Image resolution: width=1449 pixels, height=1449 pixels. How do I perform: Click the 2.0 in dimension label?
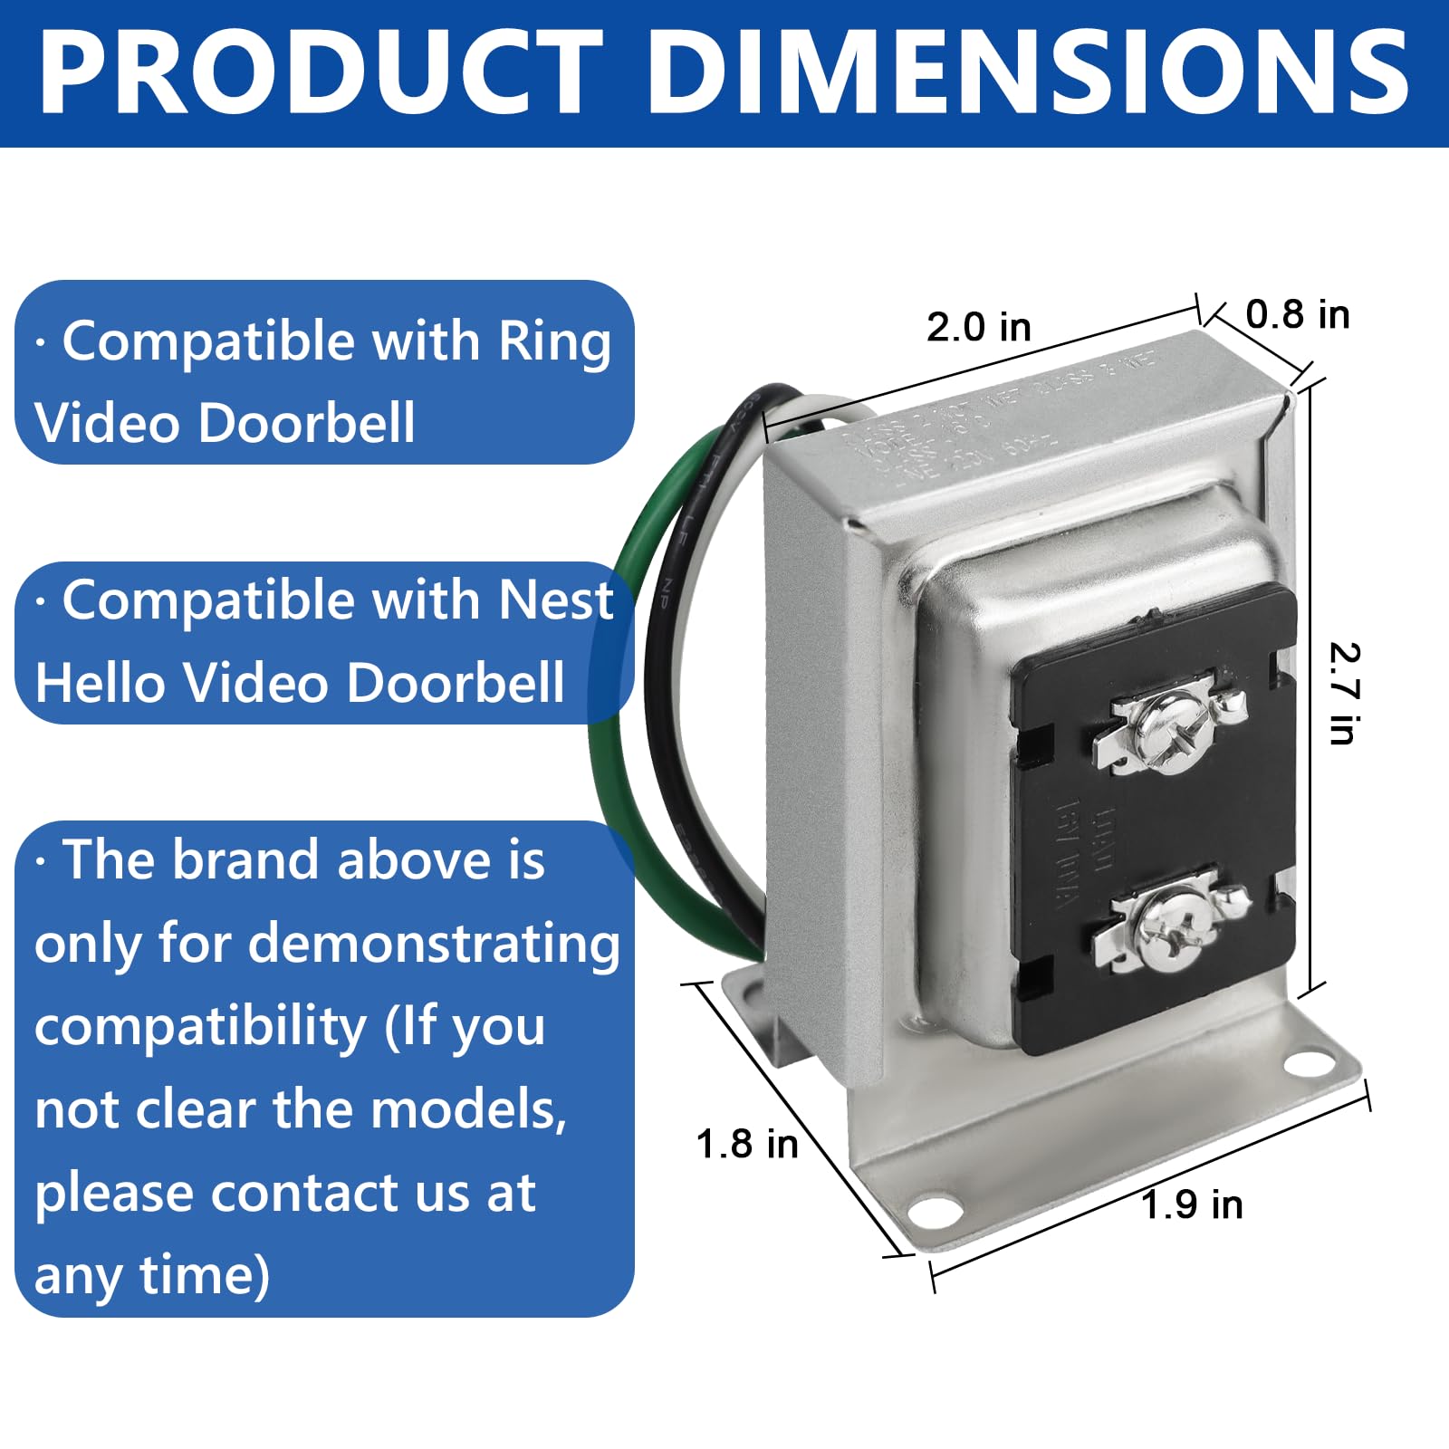point(978,327)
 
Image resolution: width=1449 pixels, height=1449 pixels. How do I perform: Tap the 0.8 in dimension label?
point(1297,314)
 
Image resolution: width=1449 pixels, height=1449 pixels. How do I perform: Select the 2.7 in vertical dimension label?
point(1344,694)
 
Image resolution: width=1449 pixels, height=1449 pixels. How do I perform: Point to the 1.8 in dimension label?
point(747,1144)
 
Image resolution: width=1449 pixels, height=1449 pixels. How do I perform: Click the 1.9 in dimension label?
point(1192,1204)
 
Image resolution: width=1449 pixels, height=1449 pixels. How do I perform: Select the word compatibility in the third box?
point(199,1027)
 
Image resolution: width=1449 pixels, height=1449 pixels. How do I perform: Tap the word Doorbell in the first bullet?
point(306,423)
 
